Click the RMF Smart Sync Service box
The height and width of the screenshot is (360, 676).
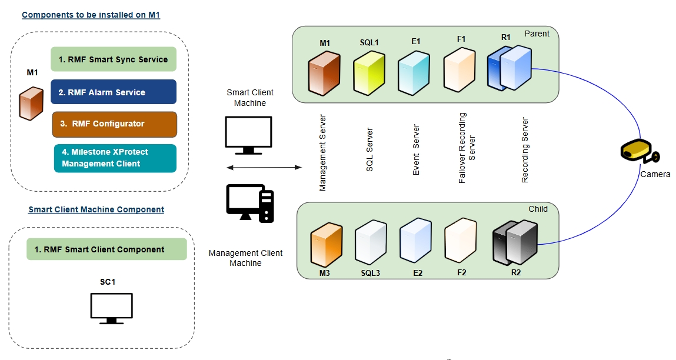point(114,59)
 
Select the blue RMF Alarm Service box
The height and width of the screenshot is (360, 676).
point(114,92)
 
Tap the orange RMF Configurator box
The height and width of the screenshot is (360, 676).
point(114,124)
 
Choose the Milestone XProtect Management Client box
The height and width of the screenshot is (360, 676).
point(115,158)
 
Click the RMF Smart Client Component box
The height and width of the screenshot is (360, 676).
point(106,249)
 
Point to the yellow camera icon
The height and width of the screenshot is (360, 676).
point(639,151)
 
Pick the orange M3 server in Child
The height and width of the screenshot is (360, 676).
point(325,243)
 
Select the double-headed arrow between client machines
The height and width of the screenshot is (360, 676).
point(264,168)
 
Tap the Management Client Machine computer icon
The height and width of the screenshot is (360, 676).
point(249,202)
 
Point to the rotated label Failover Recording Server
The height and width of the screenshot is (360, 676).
point(467,148)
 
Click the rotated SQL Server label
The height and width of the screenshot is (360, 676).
point(369,149)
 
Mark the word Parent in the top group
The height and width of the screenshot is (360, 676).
point(537,34)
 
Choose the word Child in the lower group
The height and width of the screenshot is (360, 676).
point(538,209)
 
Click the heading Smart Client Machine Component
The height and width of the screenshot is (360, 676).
point(96,209)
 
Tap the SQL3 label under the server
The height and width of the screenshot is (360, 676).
point(371,273)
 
